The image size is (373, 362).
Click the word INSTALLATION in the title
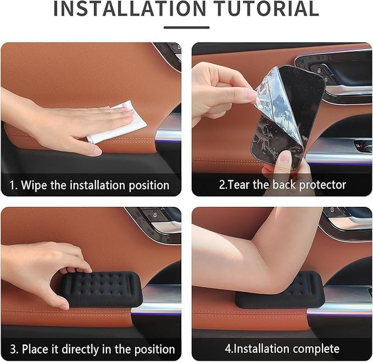click(x=130, y=9)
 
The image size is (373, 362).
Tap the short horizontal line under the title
click(x=186, y=28)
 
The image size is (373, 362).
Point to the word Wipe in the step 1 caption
click(x=34, y=185)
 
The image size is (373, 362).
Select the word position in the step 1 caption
click(x=149, y=186)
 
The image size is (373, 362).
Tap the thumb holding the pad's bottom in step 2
click(x=284, y=164)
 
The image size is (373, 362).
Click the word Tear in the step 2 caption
click(x=238, y=185)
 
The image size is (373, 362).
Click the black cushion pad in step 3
click(x=101, y=289)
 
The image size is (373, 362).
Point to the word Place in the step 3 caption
click(x=35, y=349)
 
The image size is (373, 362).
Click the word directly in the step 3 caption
click(x=80, y=350)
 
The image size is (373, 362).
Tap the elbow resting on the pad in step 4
click(x=281, y=283)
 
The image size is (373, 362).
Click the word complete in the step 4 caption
click(x=316, y=349)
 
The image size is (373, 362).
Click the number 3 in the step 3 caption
click(x=13, y=349)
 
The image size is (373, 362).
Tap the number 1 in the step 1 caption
click(x=12, y=185)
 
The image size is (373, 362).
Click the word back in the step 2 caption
click(x=285, y=185)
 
